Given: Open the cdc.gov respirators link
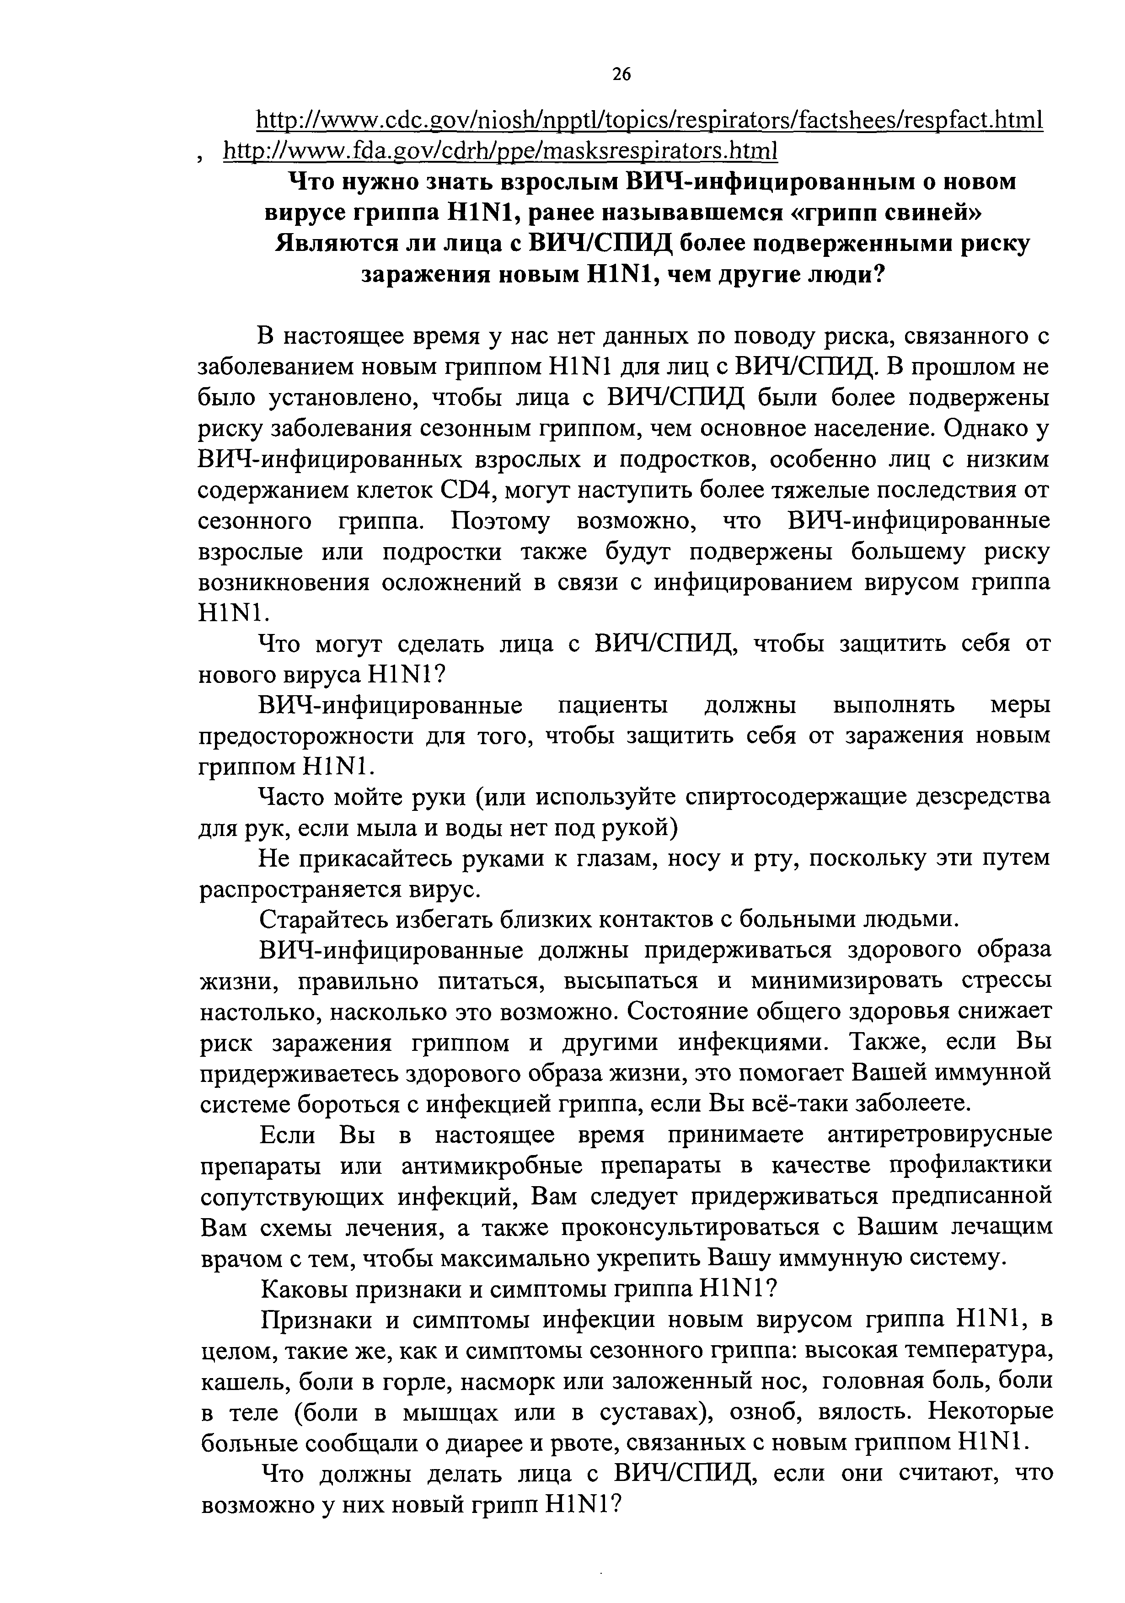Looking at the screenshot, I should [649, 120].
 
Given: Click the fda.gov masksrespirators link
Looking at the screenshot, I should [499, 150].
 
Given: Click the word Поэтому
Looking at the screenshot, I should [500, 522].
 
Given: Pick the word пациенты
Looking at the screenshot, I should [613, 705].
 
